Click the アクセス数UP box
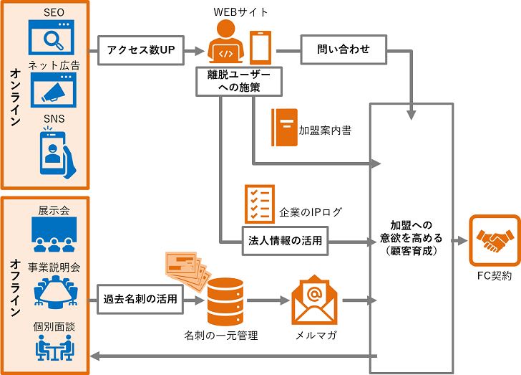141,50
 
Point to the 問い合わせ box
344,50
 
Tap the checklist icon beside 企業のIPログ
259,203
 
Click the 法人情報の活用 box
285,240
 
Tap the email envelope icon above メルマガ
313,300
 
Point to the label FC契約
494,276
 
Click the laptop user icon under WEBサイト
226,44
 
